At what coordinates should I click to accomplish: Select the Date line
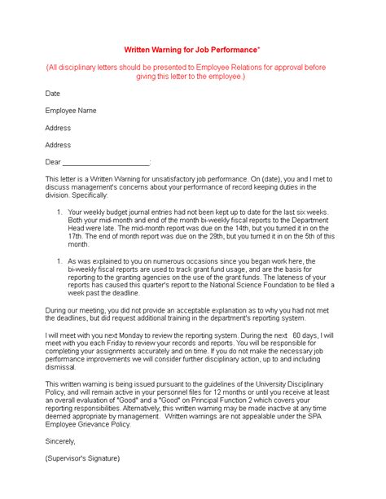click(x=53, y=94)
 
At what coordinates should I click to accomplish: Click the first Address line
click(x=58, y=128)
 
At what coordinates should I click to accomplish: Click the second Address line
click(x=58, y=145)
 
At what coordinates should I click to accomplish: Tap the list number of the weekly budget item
click(x=59, y=212)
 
